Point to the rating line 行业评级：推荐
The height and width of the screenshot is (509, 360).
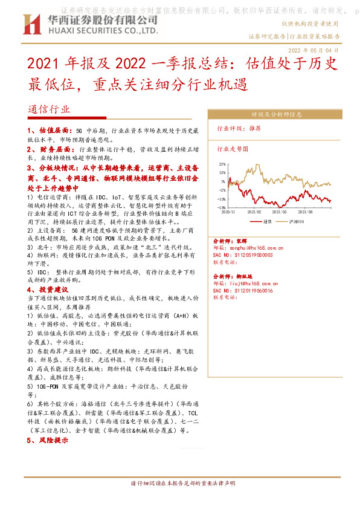coord(239,129)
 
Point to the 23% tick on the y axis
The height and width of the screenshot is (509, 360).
coord(223,164)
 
